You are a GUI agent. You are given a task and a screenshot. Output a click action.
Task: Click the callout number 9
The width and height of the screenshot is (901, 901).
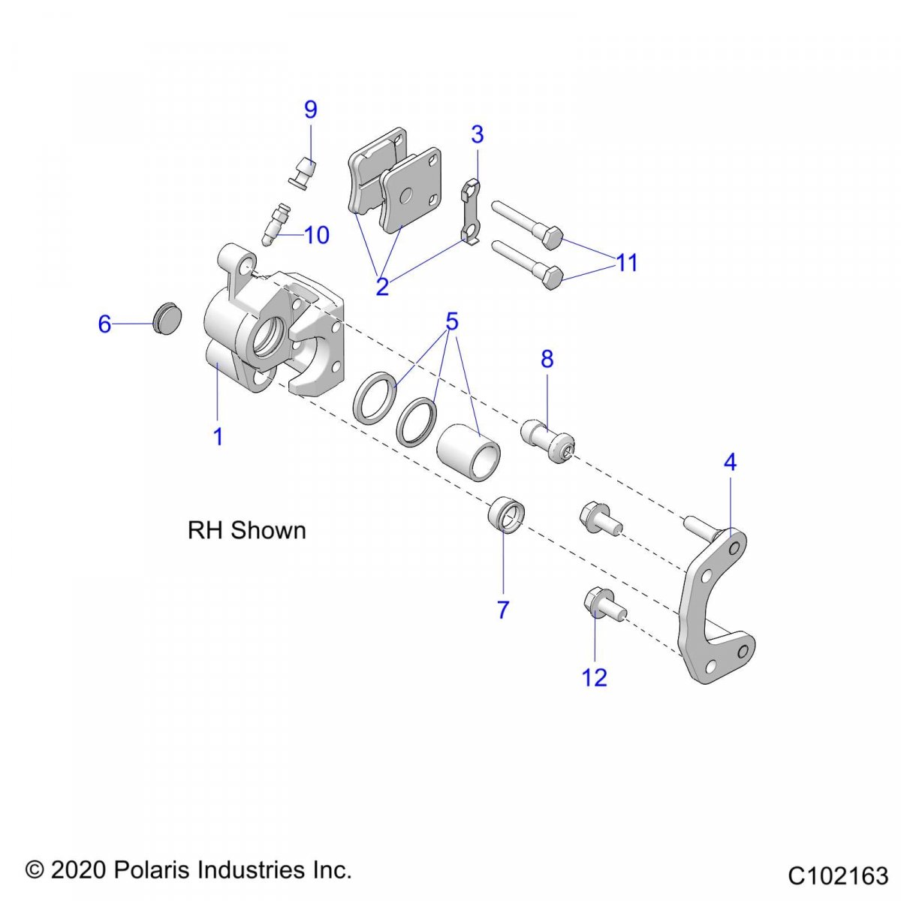pos(311,110)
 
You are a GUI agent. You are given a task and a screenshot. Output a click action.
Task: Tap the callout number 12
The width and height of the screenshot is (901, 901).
pos(594,677)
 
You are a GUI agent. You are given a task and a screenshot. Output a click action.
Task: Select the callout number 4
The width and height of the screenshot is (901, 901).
pos(730,463)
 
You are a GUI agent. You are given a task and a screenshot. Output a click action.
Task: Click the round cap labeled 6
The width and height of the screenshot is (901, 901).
pos(167,318)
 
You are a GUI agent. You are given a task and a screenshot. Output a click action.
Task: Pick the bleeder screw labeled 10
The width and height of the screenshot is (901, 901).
pos(276,224)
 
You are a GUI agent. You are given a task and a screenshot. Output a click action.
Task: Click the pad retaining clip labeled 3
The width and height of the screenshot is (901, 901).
pos(470,212)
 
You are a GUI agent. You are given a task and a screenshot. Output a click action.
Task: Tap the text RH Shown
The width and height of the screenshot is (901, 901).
pos(246,530)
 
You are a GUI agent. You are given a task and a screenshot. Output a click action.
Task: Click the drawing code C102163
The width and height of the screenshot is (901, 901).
pos(838,875)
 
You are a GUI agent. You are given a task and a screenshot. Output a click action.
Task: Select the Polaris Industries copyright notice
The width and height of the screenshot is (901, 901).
pos(188,870)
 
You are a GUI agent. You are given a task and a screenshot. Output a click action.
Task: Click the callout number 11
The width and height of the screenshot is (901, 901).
pos(626,263)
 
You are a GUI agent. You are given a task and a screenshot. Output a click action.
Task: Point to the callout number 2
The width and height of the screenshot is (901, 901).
pos(382,287)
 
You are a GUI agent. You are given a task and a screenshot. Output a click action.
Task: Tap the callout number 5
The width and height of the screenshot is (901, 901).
pos(451,322)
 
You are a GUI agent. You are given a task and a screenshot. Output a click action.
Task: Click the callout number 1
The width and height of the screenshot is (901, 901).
pos(218,436)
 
